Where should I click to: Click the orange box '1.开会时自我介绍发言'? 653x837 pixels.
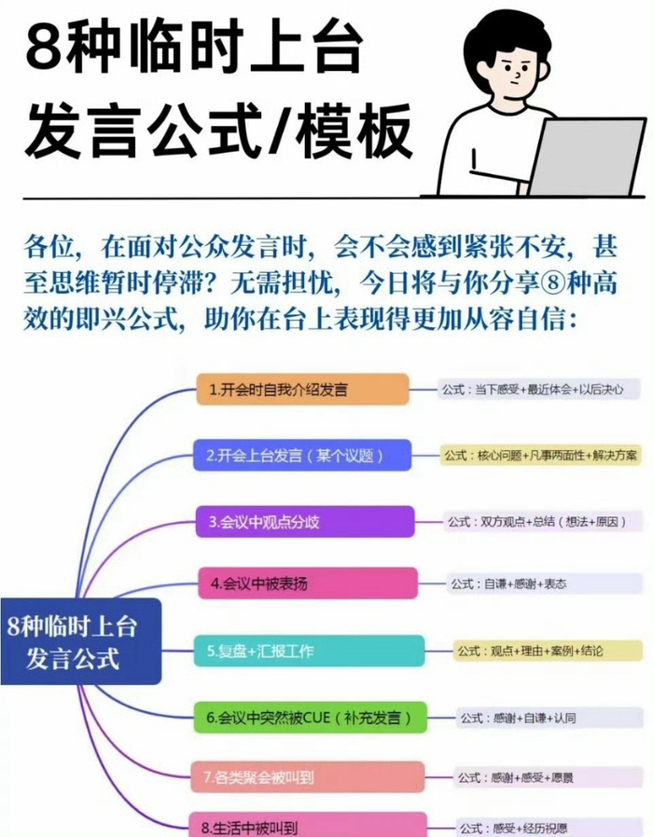(x=302, y=390)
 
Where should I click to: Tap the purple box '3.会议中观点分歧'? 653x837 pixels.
(x=305, y=522)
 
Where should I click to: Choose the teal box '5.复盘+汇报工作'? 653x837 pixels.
(x=309, y=651)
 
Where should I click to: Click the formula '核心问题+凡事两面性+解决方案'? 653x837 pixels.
(x=541, y=456)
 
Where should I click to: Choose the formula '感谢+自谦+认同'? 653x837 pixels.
(x=517, y=718)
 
